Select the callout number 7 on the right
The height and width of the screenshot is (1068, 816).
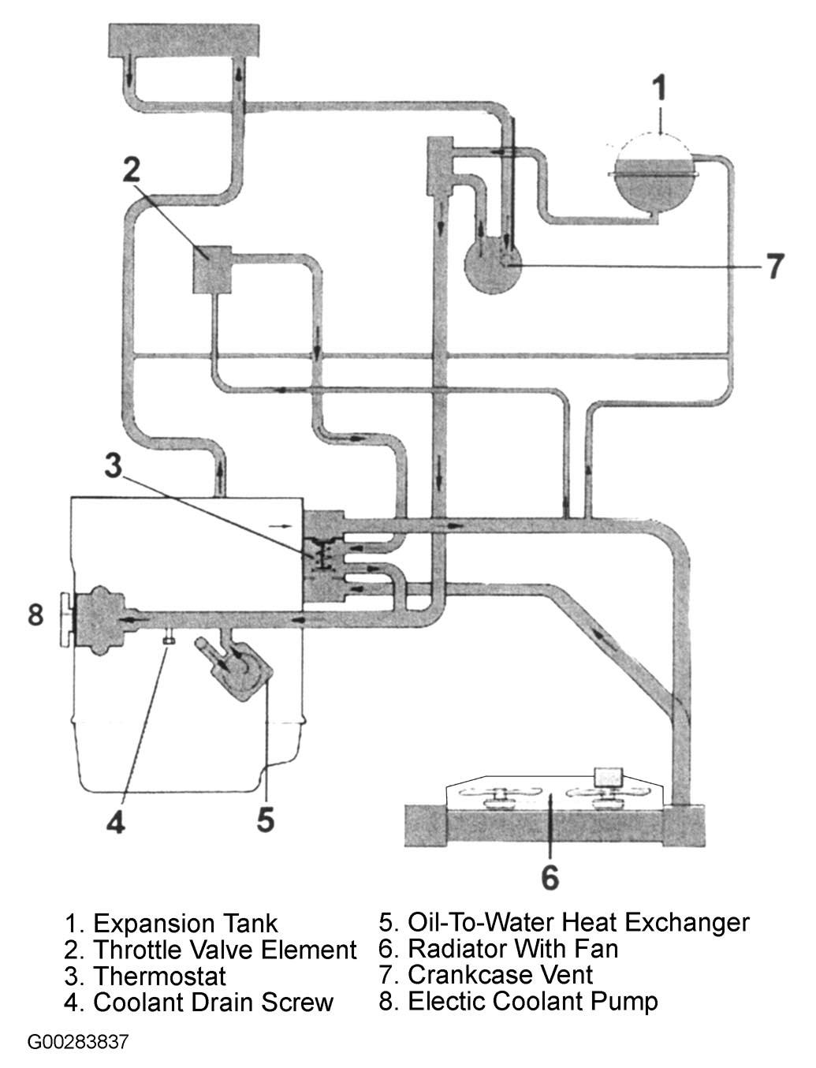coord(775,266)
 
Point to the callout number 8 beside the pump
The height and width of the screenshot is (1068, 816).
coord(35,614)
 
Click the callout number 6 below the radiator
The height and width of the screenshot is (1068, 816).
coord(550,876)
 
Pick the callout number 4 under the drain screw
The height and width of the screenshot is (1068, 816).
coord(116,823)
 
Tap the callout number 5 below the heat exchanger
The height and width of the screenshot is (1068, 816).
coord(265,820)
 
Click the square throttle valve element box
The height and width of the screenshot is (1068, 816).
coord(211,270)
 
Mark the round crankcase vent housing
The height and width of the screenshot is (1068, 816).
coord(492,268)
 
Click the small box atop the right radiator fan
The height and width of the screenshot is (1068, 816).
coord(609,777)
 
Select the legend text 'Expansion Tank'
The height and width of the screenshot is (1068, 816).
coord(184,923)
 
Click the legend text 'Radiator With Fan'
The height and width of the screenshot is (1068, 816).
coord(512,948)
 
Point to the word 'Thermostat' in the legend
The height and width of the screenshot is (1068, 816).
coord(159,976)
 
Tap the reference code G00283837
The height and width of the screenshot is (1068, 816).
coord(77,1042)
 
